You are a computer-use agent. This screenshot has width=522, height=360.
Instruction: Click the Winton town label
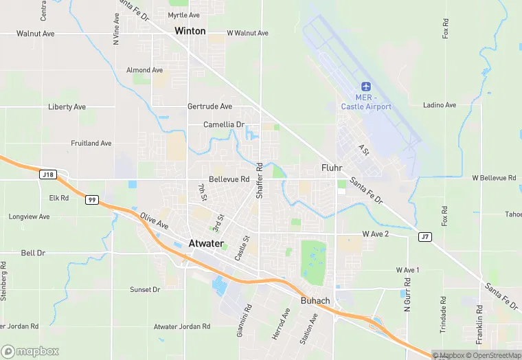190,31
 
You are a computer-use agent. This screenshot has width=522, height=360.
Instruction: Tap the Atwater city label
205,243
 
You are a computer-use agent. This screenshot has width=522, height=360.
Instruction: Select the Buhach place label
315,301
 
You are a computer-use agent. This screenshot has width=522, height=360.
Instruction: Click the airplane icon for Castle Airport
366,87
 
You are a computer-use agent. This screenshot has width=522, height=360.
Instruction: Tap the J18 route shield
47,175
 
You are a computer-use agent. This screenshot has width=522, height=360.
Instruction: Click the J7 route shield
425,236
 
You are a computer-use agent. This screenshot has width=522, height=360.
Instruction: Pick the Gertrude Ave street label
209,106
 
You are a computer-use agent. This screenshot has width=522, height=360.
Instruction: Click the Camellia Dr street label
224,124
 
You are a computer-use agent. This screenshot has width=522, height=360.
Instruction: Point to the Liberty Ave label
67,107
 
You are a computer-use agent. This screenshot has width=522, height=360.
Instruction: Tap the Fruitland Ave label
91,144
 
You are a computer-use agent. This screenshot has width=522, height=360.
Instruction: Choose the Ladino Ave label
440,105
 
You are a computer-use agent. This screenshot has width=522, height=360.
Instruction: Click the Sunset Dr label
145,290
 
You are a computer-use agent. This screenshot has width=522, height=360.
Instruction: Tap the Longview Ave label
29,216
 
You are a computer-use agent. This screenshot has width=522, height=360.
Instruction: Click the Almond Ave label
144,70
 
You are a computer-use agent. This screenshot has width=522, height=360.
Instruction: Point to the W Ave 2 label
376,234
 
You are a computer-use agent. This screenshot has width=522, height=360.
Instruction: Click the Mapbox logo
30,351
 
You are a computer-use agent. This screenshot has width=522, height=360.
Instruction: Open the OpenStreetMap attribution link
493,355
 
